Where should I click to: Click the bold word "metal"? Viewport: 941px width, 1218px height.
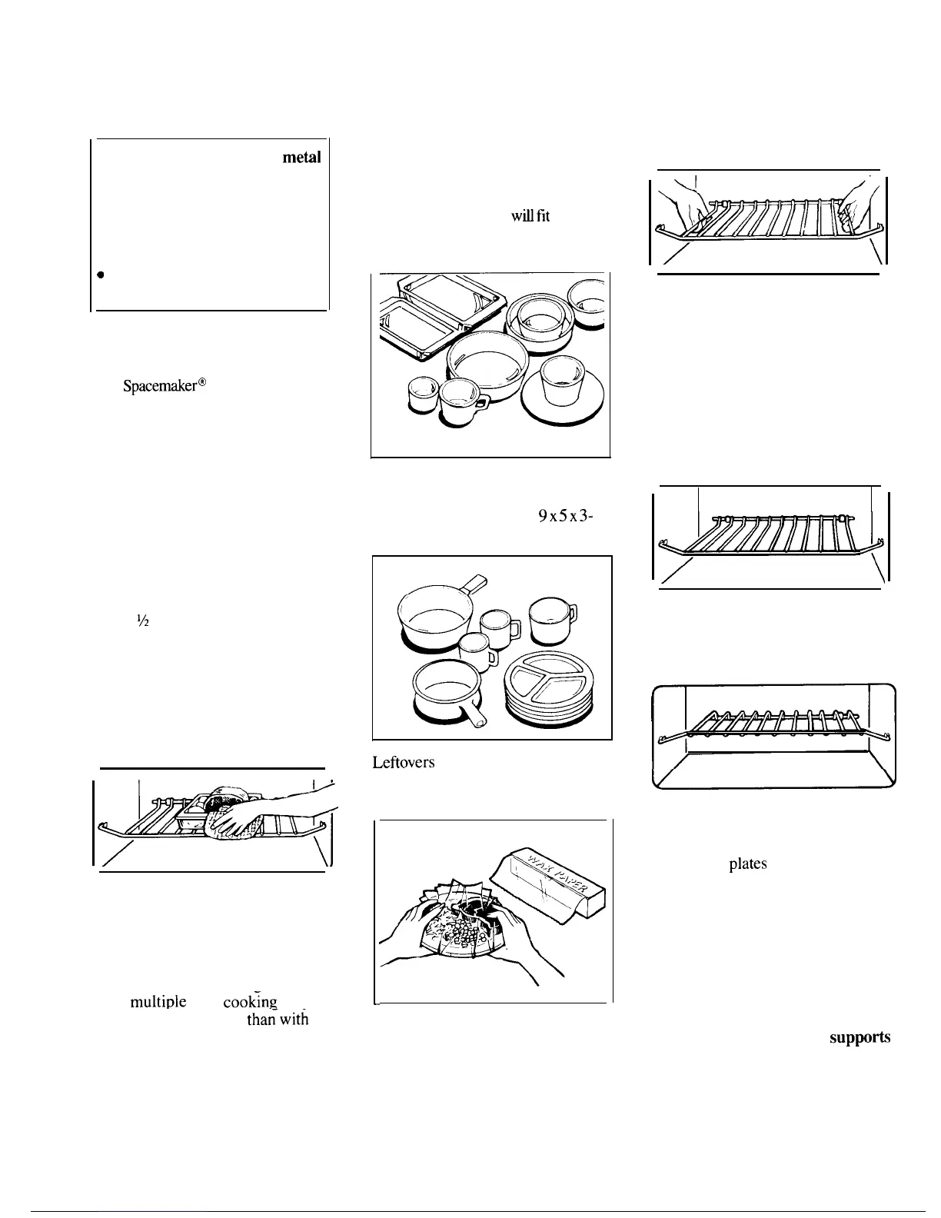coord(301,158)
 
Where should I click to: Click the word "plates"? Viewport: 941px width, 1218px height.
coord(747,864)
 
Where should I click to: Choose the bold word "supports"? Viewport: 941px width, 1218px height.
coord(860,1037)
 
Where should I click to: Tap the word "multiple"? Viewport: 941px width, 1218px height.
coord(158,1003)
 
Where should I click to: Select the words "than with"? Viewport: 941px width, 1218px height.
coord(277,1020)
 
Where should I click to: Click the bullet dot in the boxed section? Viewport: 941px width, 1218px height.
coord(100,275)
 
